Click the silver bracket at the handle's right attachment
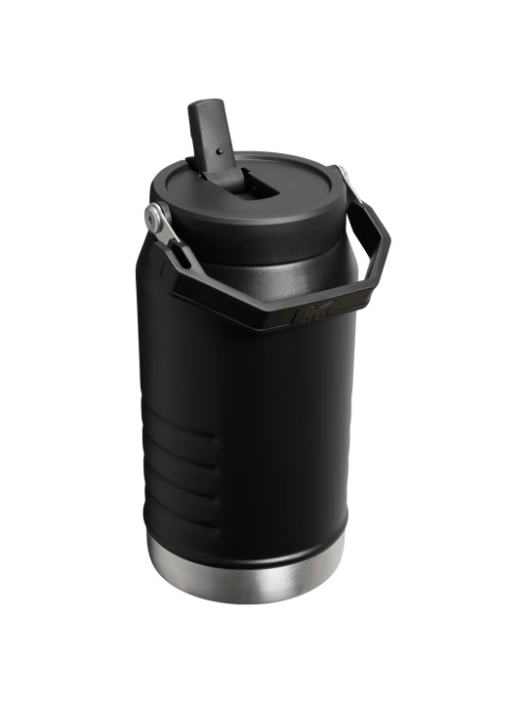(x=344, y=179)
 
